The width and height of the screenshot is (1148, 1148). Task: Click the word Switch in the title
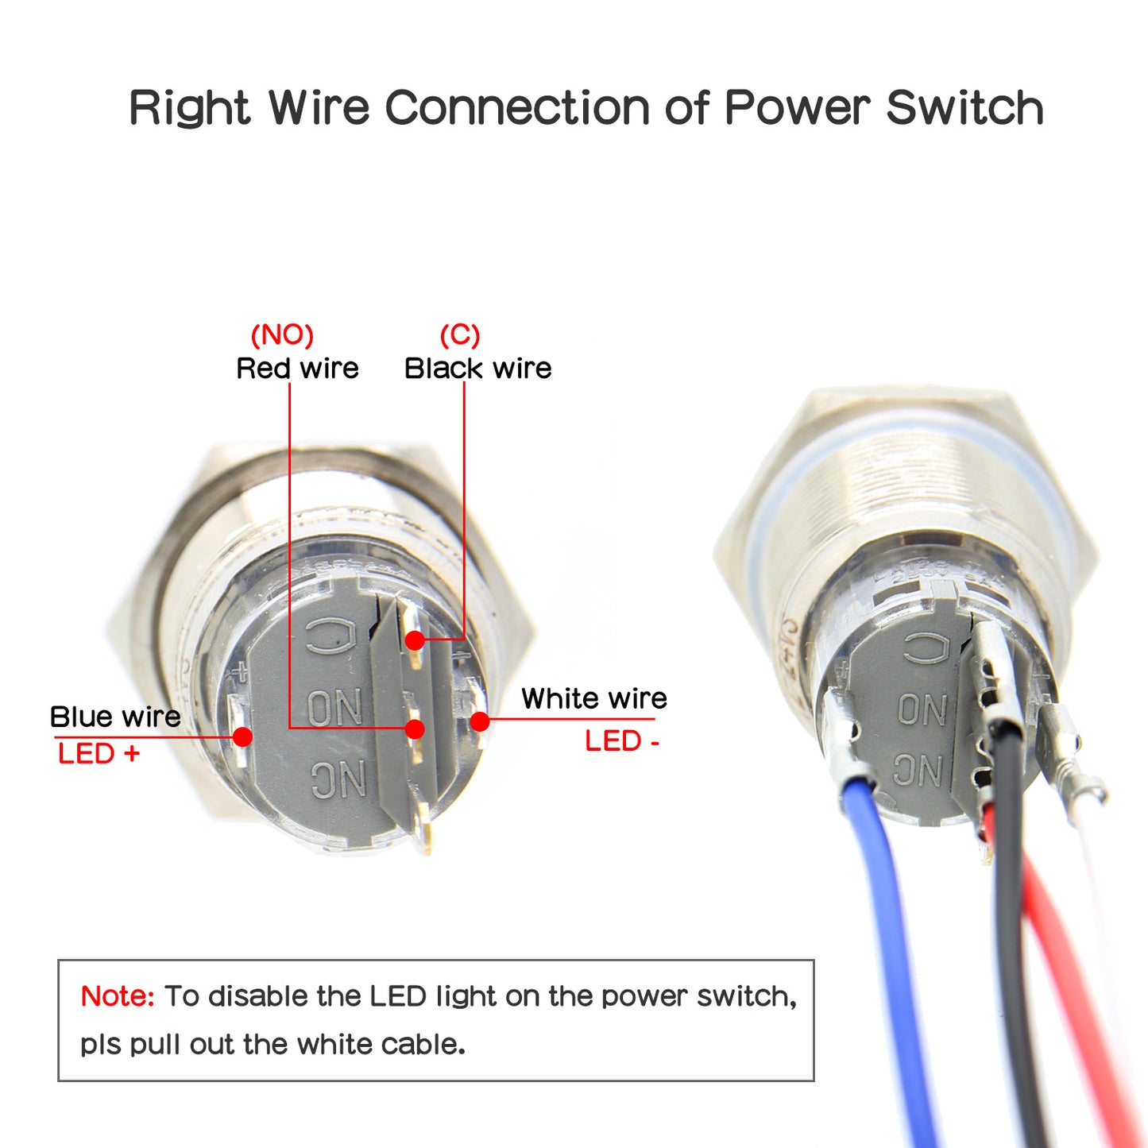pyautogui.click(x=964, y=108)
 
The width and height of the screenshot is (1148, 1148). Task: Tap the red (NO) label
pyautogui.click(x=282, y=335)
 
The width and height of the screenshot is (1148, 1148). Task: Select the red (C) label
pyautogui.click(x=460, y=335)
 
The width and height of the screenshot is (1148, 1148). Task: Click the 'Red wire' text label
pyautogui.click(x=297, y=369)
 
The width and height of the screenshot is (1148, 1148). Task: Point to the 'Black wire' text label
pyautogui.click(x=477, y=369)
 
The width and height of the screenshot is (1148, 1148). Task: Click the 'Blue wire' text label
pyautogui.click(x=115, y=717)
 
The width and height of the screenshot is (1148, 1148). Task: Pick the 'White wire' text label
pyautogui.click(x=593, y=698)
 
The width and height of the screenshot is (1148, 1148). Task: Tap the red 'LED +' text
pyautogui.click(x=99, y=753)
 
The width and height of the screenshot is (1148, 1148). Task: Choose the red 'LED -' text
pyautogui.click(x=622, y=741)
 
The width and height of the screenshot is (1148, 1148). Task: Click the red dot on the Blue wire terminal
pyautogui.click(x=243, y=736)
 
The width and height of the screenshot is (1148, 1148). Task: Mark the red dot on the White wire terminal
pyautogui.click(x=479, y=721)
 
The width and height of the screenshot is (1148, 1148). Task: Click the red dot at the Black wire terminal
pyautogui.click(x=415, y=640)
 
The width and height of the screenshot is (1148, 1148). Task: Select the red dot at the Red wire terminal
pyautogui.click(x=415, y=729)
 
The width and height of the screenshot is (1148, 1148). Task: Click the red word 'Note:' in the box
pyautogui.click(x=118, y=996)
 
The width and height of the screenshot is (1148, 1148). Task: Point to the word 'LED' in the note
pyautogui.click(x=397, y=996)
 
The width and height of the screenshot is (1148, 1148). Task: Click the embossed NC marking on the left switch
pyautogui.click(x=338, y=779)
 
